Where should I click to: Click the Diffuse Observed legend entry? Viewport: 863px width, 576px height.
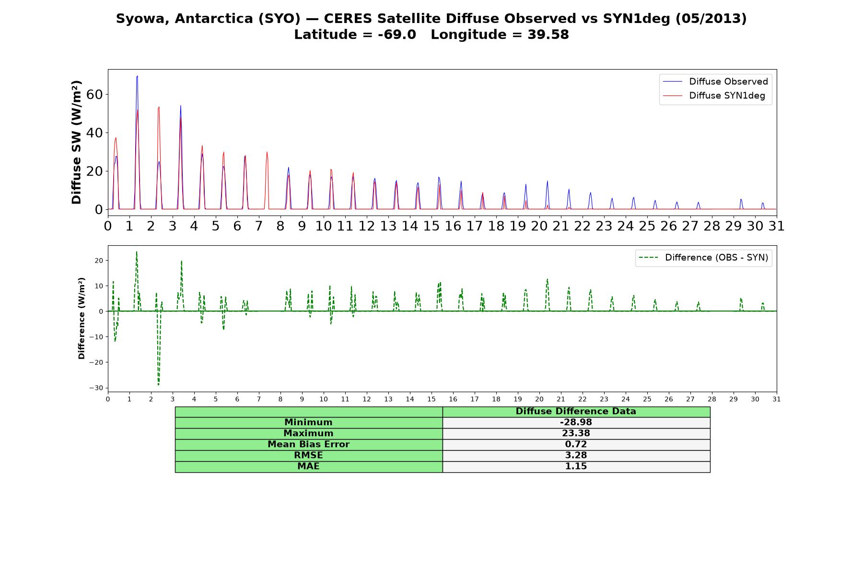715,82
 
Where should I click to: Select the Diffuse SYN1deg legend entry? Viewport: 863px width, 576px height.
714,96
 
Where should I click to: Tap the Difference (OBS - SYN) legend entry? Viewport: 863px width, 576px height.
703,258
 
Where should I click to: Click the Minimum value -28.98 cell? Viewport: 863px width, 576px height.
576,422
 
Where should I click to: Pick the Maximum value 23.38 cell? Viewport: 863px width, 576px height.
576,433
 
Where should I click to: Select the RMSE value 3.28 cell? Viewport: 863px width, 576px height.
576,456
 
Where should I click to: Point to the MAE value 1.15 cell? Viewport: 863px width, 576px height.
576,467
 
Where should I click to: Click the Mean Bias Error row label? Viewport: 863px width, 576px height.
308,444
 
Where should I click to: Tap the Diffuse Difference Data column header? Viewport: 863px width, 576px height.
576,411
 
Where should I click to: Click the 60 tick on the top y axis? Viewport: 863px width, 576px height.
95,95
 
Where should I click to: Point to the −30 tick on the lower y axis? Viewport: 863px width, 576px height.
96,388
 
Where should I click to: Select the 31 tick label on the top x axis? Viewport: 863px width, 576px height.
777,226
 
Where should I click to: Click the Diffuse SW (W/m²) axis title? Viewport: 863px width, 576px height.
76,142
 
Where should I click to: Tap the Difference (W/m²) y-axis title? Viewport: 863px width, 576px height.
82,318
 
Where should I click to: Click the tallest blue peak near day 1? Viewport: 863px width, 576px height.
137,76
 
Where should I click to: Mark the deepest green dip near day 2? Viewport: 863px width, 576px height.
159,384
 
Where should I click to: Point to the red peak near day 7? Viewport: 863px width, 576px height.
267,152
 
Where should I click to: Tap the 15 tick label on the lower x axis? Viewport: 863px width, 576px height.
431,399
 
